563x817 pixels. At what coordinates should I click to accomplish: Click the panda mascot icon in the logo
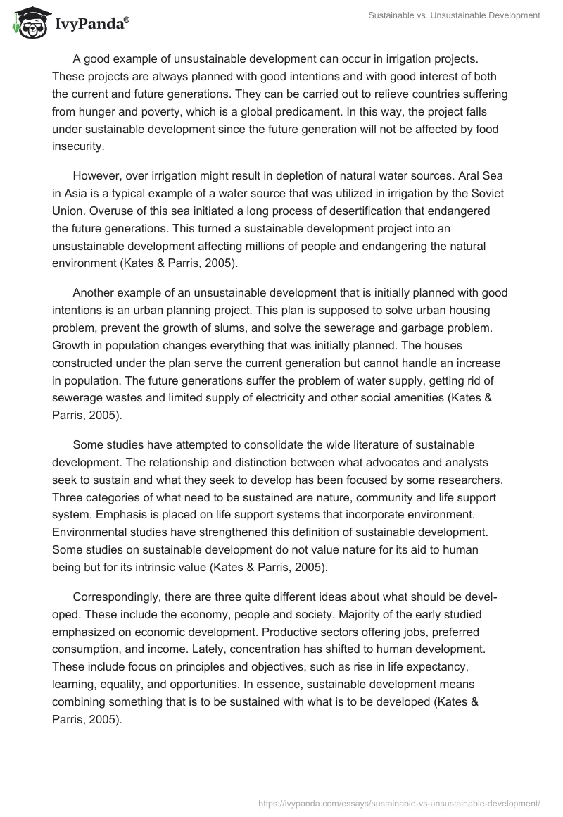(28, 24)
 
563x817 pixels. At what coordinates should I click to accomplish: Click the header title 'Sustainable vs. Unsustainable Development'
(454, 15)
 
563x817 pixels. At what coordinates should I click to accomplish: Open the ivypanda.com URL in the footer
(400, 802)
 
